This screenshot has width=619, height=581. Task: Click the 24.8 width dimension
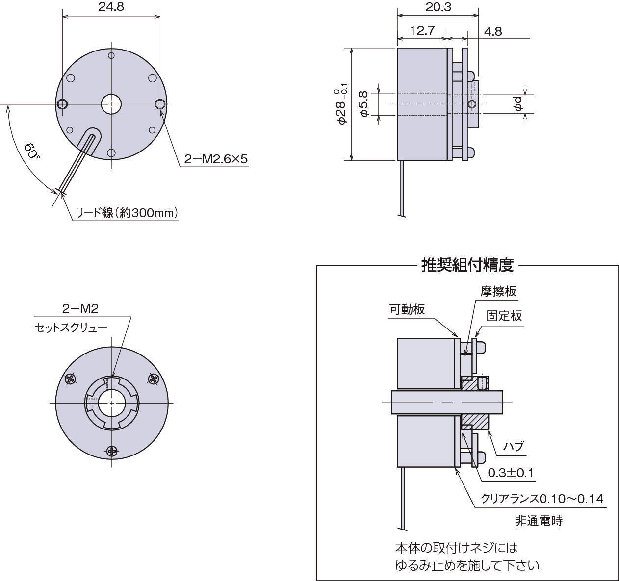coord(111,7)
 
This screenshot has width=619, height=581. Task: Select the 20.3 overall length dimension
coord(438,7)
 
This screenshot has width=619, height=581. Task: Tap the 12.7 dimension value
coord(422,31)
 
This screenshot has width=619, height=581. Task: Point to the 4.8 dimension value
coord(493,31)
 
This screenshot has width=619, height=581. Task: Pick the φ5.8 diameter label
coord(363,103)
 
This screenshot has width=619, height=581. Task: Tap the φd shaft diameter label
coord(518,103)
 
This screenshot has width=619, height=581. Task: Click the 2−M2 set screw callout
coord(80,309)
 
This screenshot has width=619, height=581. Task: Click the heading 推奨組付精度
coord(467,265)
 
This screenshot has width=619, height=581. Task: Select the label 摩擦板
coord(498,291)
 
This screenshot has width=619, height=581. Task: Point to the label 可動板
coord(407,310)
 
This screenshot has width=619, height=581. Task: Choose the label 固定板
coord(504,315)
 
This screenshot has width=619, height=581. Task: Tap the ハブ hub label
coord(514,446)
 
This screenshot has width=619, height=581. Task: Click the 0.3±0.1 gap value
coord(511,473)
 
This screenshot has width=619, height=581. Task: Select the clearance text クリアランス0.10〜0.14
coord(542,499)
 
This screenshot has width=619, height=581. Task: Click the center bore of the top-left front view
coord(112,104)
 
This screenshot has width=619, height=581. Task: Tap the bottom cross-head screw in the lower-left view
coord(112,450)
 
